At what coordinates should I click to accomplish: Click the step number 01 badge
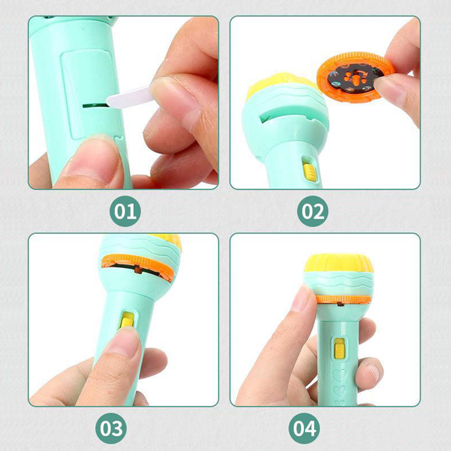pyautogui.click(x=125, y=211)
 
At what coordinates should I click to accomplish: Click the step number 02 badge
pyautogui.click(x=313, y=211)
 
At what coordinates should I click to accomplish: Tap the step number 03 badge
pyautogui.click(x=111, y=428)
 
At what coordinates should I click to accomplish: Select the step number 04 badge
pyautogui.click(x=304, y=428)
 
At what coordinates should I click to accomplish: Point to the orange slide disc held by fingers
pyautogui.click(x=356, y=76)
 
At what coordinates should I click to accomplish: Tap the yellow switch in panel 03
pyautogui.click(x=127, y=320)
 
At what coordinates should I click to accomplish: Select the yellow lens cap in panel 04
pyautogui.click(x=339, y=263)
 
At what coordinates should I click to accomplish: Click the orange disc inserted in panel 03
pyautogui.click(x=138, y=266)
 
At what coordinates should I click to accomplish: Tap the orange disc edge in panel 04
pyautogui.click(x=343, y=299)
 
